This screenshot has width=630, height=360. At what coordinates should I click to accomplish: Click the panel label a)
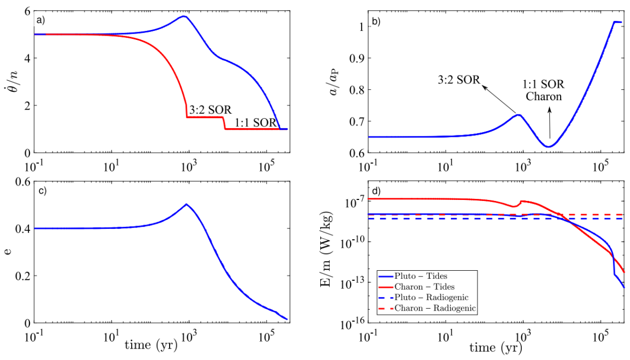[40, 20]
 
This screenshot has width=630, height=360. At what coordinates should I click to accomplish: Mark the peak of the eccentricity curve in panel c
[186, 204]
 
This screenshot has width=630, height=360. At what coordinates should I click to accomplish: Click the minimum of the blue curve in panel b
[549, 146]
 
